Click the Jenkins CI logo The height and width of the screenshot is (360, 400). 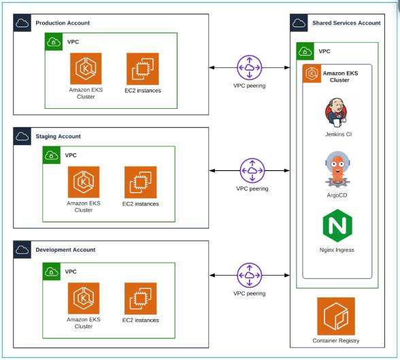click(338, 112)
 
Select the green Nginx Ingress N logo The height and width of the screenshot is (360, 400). click(338, 227)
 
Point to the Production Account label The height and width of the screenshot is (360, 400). click(63, 23)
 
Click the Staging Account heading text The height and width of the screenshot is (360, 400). click(58, 136)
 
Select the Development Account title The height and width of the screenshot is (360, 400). click(65, 250)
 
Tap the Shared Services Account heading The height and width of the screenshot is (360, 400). click(346, 23)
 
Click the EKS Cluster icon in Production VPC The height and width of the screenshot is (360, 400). click(85, 69)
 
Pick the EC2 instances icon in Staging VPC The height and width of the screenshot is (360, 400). click(140, 182)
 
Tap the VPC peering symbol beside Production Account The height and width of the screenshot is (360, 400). click(250, 68)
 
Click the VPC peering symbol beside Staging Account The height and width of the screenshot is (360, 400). click(252, 171)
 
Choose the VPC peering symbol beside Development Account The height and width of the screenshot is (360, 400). click(249, 276)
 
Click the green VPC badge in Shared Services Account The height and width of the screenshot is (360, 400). click(305, 51)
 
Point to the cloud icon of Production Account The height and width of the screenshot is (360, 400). click(22, 23)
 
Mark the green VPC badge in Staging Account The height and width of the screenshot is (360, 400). click(51, 155)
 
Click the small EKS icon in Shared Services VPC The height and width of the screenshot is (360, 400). click(312, 74)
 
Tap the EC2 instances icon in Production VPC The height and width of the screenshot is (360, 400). click(142, 69)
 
